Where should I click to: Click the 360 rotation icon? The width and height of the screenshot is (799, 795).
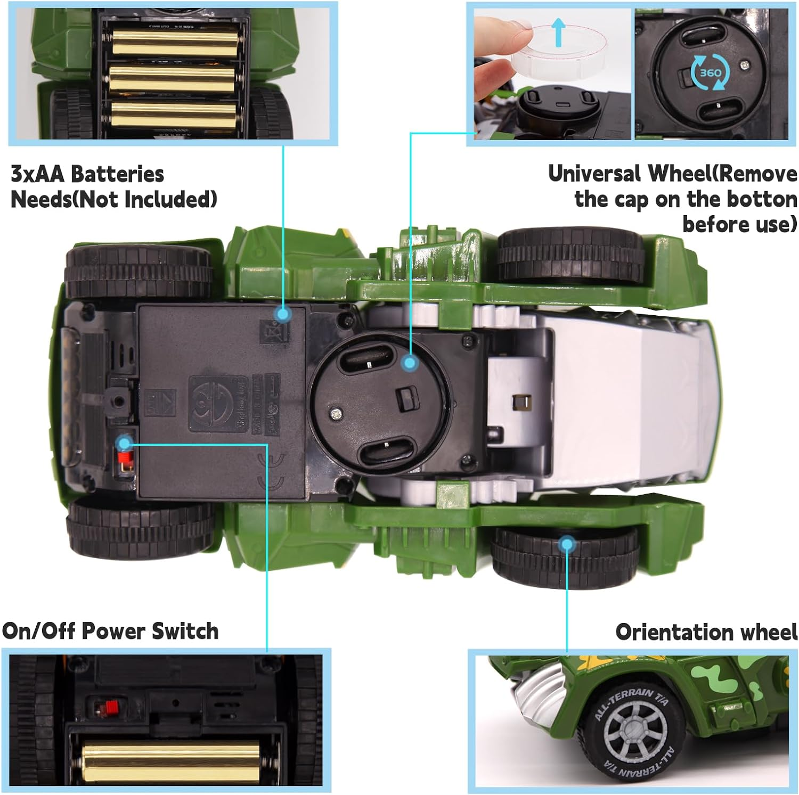(x=710, y=73)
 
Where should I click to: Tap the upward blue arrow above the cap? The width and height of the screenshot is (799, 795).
(x=558, y=31)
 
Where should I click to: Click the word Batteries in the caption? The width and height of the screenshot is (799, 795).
(x=117, y=174)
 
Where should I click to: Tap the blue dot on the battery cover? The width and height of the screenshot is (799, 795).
(x=283, y=315)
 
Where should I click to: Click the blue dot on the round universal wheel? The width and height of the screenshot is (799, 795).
(x=409, y=363)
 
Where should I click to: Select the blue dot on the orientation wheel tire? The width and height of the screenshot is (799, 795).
(x=567, y=544)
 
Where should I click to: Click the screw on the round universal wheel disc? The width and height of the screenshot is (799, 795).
(x=336, y=411)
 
